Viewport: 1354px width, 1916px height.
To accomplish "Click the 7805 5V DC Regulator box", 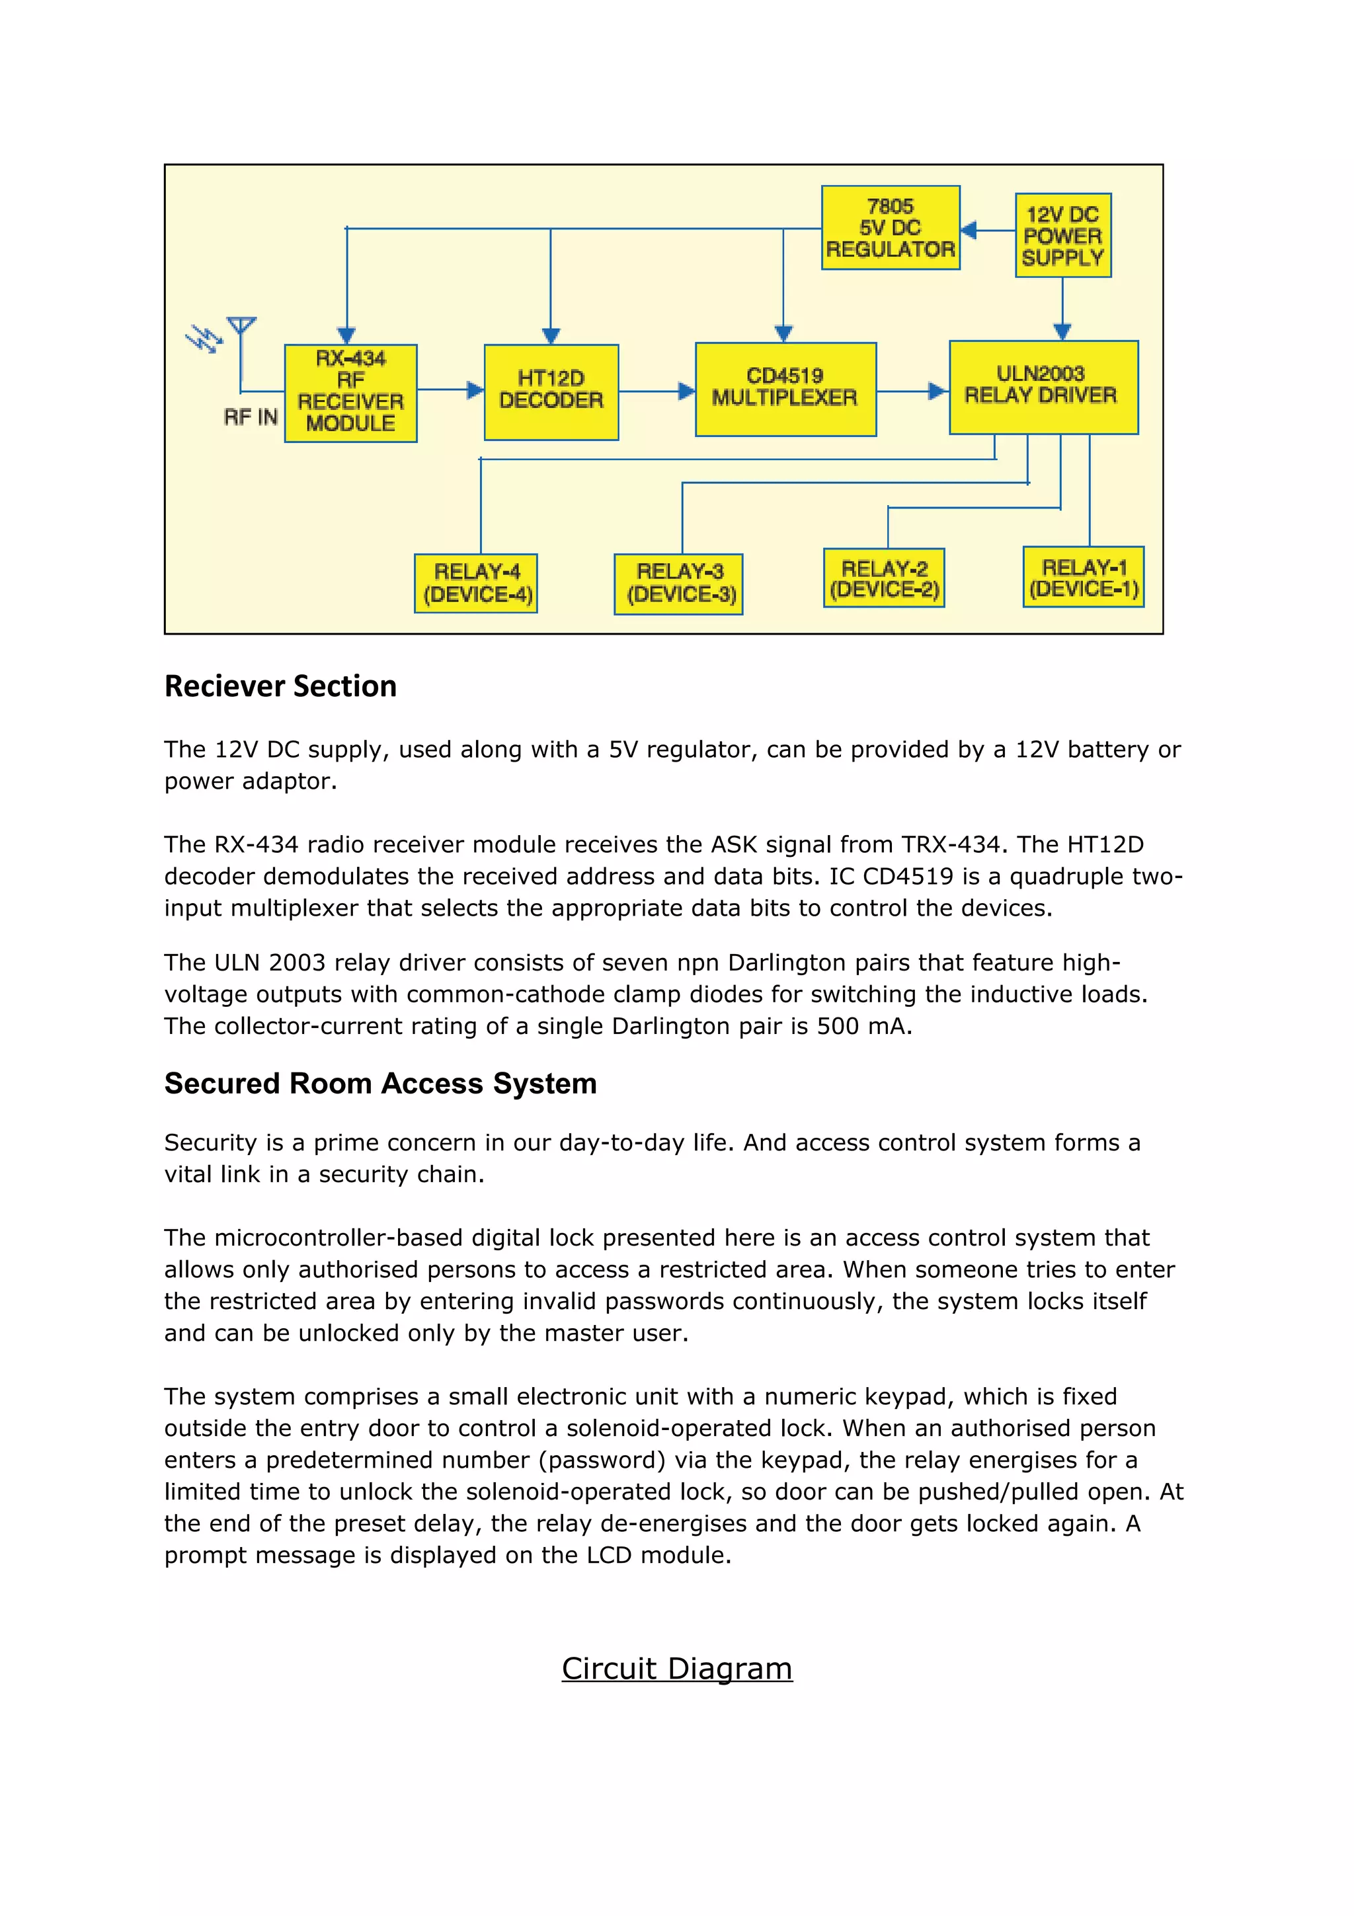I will [x=890, y=228].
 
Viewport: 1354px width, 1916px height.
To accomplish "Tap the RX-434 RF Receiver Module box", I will [x=350, y=392].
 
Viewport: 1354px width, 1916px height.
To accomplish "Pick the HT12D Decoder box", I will [x=551, y=391].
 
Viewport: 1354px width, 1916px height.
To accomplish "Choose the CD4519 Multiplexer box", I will [x=785, y=389].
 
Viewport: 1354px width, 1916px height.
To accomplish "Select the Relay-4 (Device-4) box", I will [x=475, y=583].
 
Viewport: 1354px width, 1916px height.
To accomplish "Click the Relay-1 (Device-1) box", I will [x=1083, y=577].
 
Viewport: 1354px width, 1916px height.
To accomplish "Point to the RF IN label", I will [x=251, y=417].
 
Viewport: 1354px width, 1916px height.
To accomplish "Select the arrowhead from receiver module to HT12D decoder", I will [x=475, y=389].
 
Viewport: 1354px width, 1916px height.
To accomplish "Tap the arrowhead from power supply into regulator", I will [x=969, y=229].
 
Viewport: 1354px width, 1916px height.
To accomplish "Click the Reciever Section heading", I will [x=280, y=686].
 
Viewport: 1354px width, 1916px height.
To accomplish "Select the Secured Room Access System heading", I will [x=380, y=1083].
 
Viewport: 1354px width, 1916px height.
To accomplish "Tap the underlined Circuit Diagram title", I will [x=676, y=1668].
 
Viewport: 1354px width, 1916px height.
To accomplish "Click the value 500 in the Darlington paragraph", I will [x=838, y=1025].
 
